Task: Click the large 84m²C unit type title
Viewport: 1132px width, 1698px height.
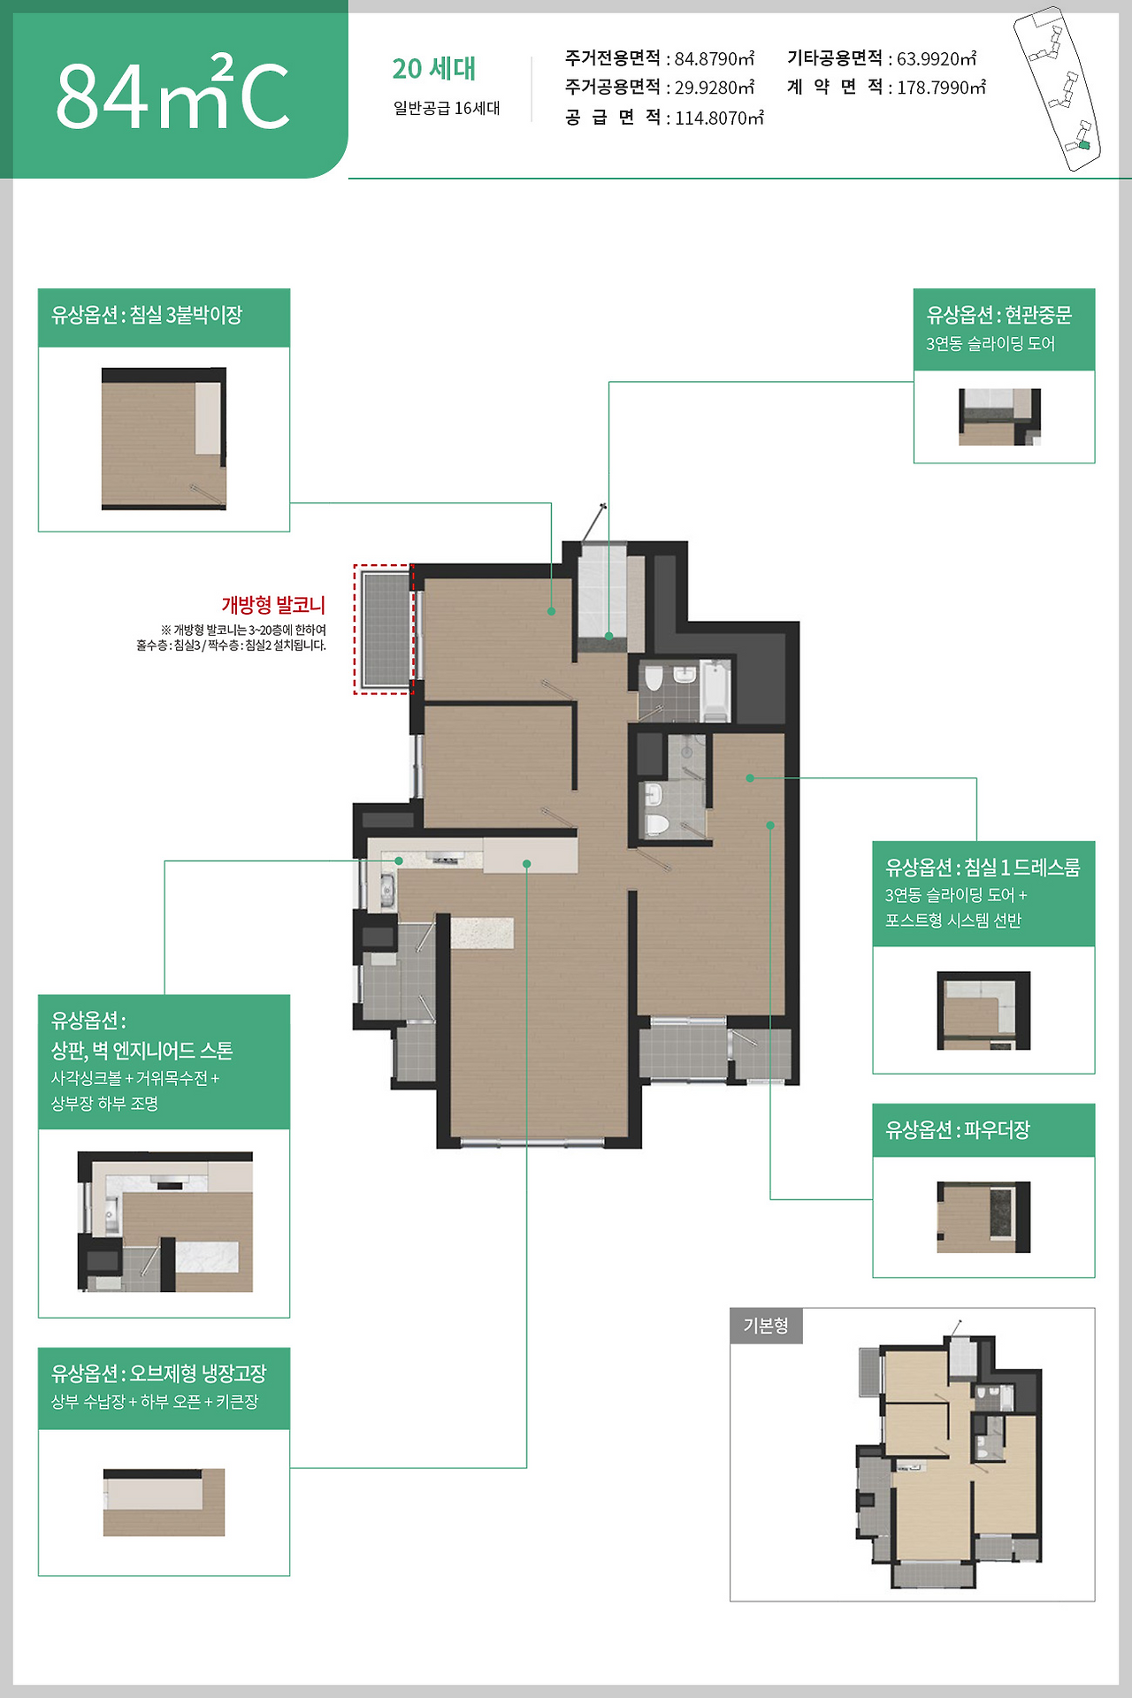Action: pos(173,92)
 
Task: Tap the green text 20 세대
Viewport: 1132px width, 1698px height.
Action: pos(433,68)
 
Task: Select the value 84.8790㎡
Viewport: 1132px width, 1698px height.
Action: pos(715,58)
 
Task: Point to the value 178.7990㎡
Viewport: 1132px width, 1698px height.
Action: pos(941,88)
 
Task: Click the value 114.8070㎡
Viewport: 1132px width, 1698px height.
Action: pos(719,118)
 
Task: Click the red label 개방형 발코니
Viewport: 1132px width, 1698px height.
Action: pos(273,605)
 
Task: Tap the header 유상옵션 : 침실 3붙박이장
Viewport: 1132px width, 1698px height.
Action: pos(147,315)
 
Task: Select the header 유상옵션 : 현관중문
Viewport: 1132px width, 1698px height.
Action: pos(999,315)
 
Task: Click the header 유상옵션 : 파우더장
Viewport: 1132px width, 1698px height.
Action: pos(958,1129)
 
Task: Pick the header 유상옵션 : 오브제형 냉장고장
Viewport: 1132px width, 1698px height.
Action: pos(159,1373)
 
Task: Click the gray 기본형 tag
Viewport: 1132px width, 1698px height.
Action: pos(766,1326)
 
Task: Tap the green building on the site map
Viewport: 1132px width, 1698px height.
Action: pos(1084,145)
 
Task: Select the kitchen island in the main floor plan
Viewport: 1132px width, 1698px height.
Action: pos(482,933)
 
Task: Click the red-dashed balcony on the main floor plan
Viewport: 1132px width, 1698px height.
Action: pos(384,629)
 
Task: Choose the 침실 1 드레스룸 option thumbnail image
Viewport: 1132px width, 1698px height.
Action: pos(983,1011)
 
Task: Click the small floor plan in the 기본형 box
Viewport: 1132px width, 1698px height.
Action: pos(949,1455)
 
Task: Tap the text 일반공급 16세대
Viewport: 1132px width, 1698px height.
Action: pos(447,108)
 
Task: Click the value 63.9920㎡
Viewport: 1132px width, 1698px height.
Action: pos(937,58)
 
